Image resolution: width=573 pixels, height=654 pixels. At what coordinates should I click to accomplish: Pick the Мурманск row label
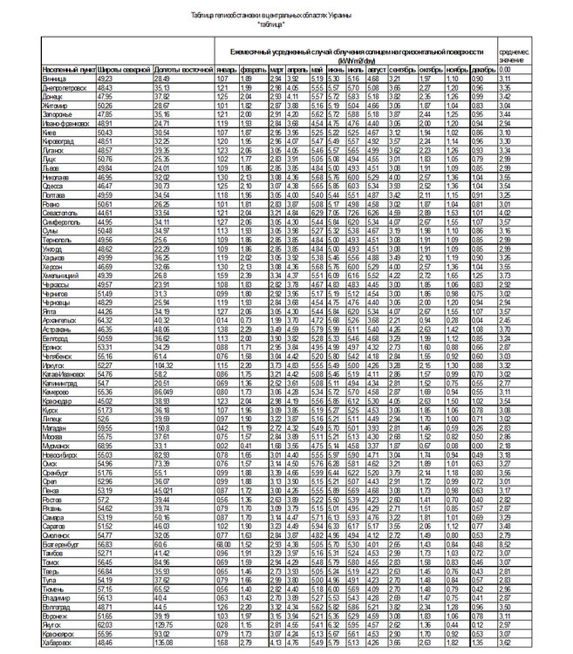(x=55, y=446)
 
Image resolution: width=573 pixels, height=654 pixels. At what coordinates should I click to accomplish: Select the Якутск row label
(x=51, y=624)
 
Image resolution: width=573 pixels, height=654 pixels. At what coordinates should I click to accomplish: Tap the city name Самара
(x=52, y=518)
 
